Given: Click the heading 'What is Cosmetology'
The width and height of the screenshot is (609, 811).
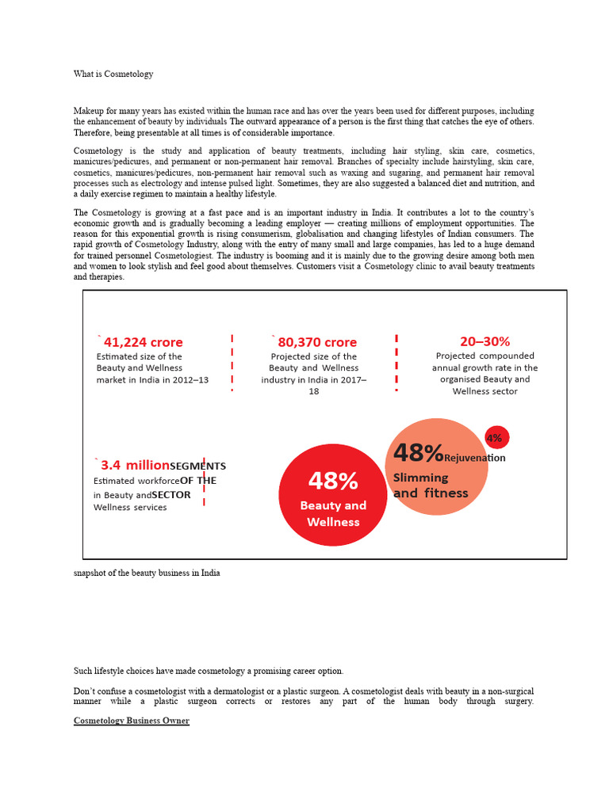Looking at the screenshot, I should [x=113, y=74].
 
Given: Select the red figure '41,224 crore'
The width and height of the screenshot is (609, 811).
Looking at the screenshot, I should [x=143, y=342].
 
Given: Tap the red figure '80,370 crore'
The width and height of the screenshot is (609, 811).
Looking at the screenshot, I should [x=316, y=342].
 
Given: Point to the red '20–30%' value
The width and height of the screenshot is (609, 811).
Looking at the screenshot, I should [x=485, y=341].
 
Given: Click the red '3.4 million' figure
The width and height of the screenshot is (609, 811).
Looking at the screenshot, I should [x=135, y=465].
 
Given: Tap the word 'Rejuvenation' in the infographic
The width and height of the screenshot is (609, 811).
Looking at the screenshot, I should [x=475, y=458].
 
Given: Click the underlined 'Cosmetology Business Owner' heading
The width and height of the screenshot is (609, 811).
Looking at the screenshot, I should [x=132, y=721].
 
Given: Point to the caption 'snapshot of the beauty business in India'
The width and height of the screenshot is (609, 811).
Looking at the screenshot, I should [x=147, y=572].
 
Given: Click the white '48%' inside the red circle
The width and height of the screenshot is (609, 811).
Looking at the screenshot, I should [x=332, y=481].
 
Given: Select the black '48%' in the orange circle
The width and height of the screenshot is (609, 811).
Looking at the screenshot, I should [x=418, y=453].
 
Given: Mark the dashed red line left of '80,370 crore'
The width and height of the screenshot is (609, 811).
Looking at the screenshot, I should [x=232, y=362].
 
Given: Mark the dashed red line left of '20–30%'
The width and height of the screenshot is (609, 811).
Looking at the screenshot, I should [x=396, y=362].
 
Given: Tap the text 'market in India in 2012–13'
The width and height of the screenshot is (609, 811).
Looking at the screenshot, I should [x=152, y=379].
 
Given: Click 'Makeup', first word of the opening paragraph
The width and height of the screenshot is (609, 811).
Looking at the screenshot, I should [x=89, y=111].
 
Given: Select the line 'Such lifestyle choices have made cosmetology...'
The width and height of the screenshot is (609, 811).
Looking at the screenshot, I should [x=209, y=671].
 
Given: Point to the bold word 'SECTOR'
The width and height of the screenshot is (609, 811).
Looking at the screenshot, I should [x=171, y=495].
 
